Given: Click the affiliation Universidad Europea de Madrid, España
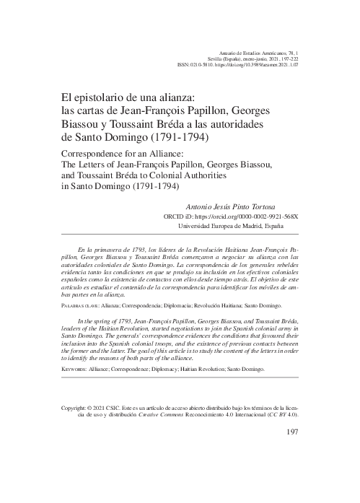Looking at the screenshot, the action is pos(237,225).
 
